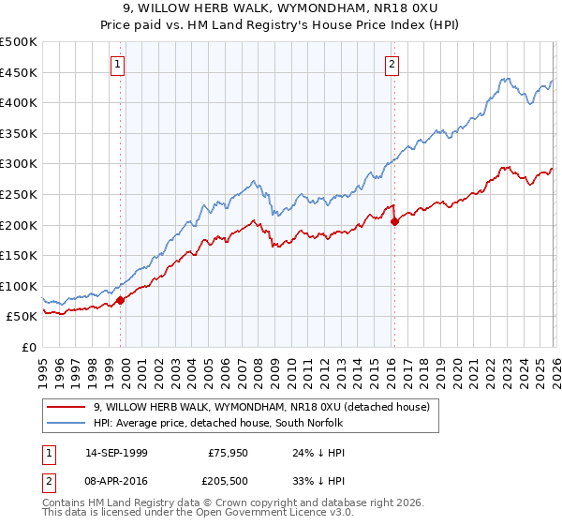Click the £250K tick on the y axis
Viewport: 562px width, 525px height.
click(19, 194)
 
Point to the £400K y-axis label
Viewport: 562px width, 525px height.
click(19, 102)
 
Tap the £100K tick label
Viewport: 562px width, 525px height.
click(19, 286)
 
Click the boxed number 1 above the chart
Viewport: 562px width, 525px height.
click(118, 65)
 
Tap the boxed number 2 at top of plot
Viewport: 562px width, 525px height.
click(392, 65)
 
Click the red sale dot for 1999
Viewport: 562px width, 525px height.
click(120, 301)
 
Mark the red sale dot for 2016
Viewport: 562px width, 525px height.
click(394, 222)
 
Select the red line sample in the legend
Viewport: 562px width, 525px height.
click(67, 407)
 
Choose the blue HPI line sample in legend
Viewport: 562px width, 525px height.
click(67, 424)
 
